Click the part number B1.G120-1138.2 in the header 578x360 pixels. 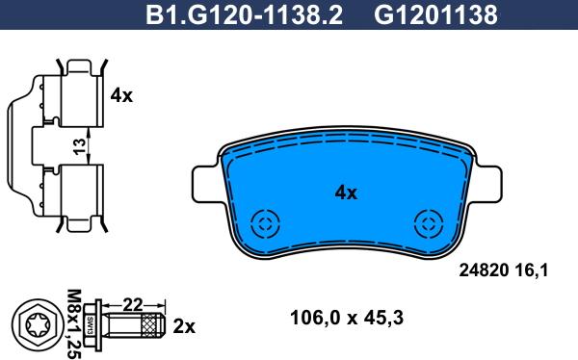pyautogui.click(x=244, y=14)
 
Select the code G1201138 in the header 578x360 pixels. pyautogui.click(x=435, y=14)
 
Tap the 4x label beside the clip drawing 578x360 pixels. pyautogui.click(x=121, y=96)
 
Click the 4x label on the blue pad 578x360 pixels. pyautogui.click(x=346, y=193)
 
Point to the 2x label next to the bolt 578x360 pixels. pyautogui.click(x=184, y=326)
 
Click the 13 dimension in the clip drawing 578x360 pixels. pyautogui.click(x=79, y=146)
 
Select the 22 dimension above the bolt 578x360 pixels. pyautogui.click(x=133, y=304)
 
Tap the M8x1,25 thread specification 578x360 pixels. pyautogui.click(x=74, y=324)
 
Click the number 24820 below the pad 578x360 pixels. pyautogui.click(x=484, y=270)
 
